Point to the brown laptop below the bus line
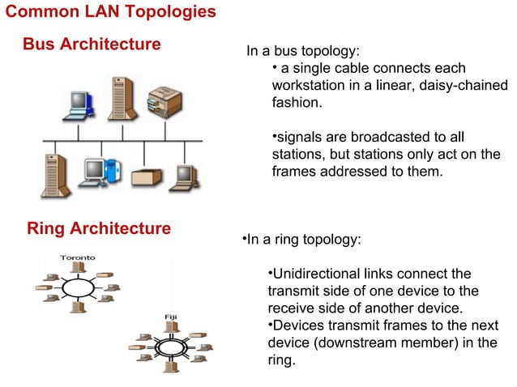pyautogui.click(x=185, y=176)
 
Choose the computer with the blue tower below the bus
pyautogui.click(x=102, y=172)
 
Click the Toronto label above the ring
pyautogui.click(x=78, y=257)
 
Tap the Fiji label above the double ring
pyautogui.click(x=170, y=316)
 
